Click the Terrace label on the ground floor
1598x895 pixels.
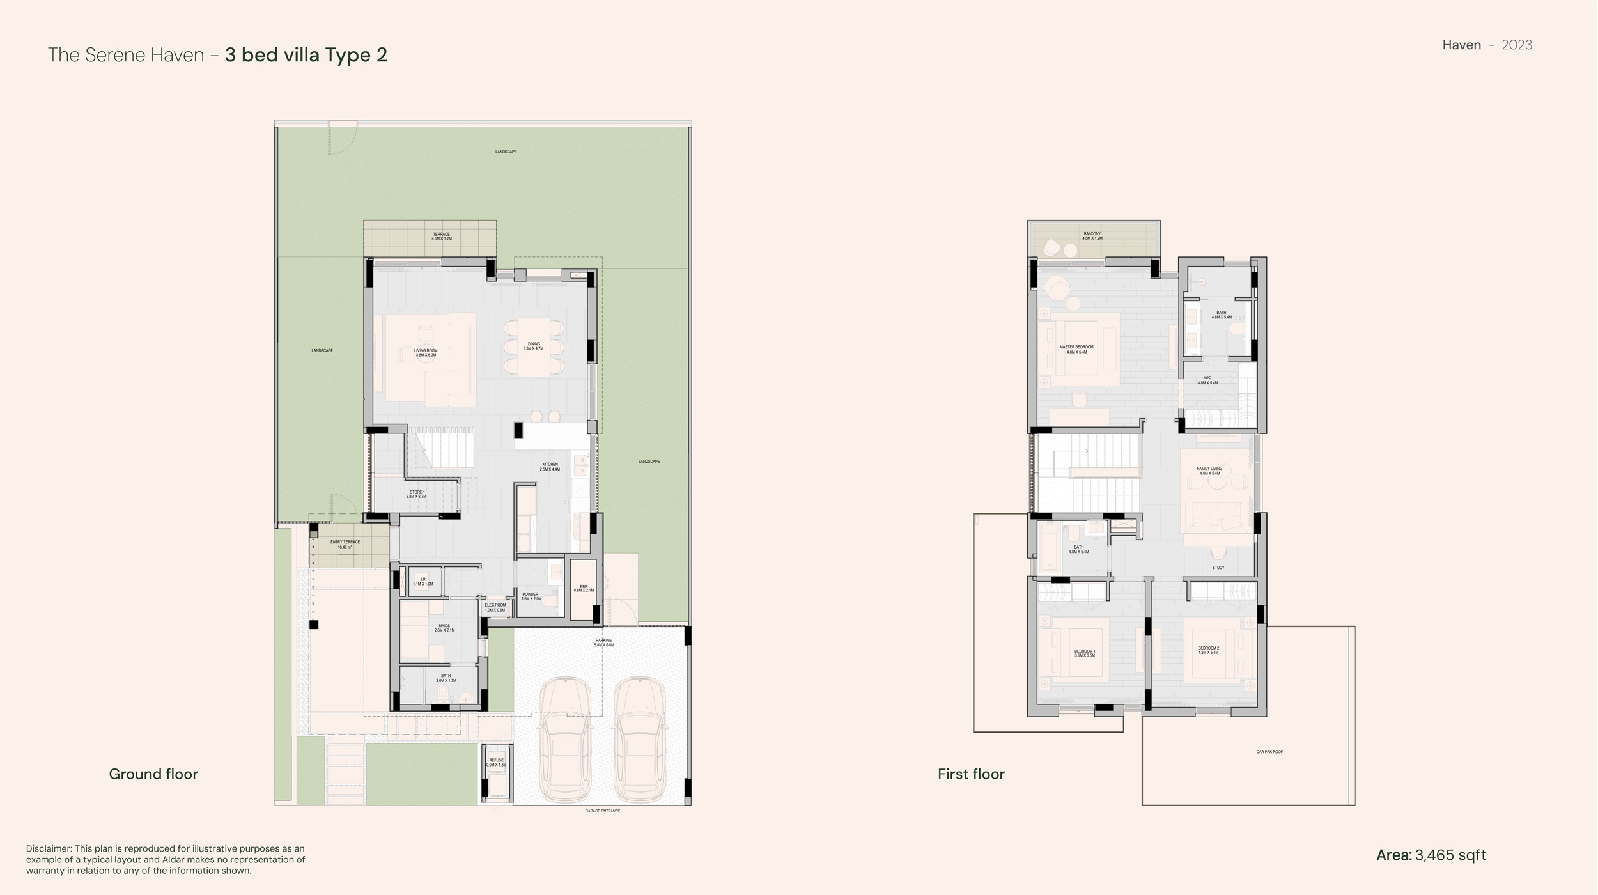[441, 237]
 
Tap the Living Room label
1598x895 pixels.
[425, 352]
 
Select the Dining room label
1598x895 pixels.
[533, 346]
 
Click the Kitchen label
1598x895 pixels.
[550, 467]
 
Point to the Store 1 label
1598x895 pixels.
[417, 494]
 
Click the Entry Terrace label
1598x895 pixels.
[345, 544]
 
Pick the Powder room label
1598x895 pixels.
[531, 596]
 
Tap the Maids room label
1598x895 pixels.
[444, 628]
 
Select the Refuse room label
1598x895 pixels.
[496, 762]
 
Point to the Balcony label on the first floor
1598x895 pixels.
[1092, 236]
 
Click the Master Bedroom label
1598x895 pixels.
[1076, 349]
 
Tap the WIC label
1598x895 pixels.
[1207, 380]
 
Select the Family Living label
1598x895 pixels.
[1209, 471]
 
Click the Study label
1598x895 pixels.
[1218, 568]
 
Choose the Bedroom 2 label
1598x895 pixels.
[1208, 650]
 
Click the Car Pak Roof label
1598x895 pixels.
[1269, 752]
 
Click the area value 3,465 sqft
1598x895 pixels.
[1450, 855]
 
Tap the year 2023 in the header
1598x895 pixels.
[1516, 45]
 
